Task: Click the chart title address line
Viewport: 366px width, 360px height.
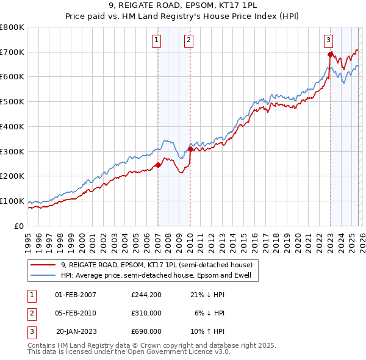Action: (183, 7)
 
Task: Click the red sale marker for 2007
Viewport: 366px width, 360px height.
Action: (158, 165)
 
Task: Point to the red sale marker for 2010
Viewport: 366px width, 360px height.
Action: (190, 149)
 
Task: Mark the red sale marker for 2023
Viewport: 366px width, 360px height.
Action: (330, 54)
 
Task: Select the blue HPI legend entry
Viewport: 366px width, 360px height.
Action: (159, 275)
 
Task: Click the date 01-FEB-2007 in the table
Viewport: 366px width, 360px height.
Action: (76, 295)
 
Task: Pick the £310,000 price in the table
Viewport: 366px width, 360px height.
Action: (146, 313)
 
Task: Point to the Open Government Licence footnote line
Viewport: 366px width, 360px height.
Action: (129, 352)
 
